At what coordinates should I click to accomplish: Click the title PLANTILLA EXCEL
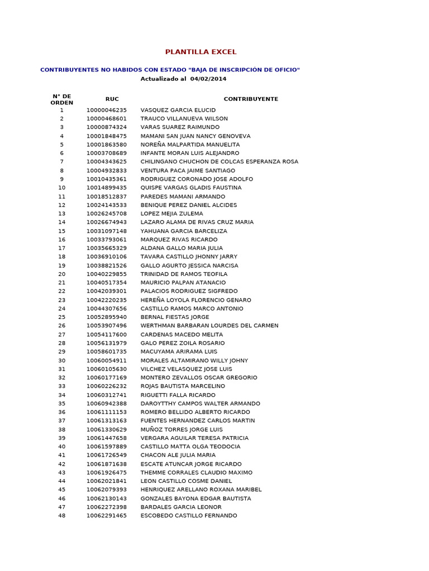tap(201, 52)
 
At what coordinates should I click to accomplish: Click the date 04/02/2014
tap(208, 79)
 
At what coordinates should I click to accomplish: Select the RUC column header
tap(112, 99)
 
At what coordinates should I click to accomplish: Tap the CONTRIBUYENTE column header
tap(251, 99)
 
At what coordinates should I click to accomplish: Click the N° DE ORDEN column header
tap(61, 99)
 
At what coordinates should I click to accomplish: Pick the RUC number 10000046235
tap(106, 110)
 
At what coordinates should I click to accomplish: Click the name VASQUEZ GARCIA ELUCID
tap(178, 110)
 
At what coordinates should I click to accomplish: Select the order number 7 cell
tap(61, 162)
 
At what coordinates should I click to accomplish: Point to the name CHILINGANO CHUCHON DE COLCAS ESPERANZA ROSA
tap(219, 162)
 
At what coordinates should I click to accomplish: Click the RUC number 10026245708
tap(106, 214)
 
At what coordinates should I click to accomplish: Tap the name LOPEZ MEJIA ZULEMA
tap(171, 214)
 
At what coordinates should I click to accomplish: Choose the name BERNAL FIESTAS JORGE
tap(175, 317)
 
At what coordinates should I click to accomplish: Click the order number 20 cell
tap(61, 274)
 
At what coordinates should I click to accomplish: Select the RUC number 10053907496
tap(106, 326)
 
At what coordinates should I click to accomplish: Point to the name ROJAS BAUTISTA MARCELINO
tap(183, 386)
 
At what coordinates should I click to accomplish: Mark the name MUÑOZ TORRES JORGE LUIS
tap(181, 429)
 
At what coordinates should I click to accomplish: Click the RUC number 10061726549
tap(106, 456)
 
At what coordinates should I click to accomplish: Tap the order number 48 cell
tap(61, 516)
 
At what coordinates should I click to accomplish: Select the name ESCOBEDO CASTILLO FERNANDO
tap(188, 516)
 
